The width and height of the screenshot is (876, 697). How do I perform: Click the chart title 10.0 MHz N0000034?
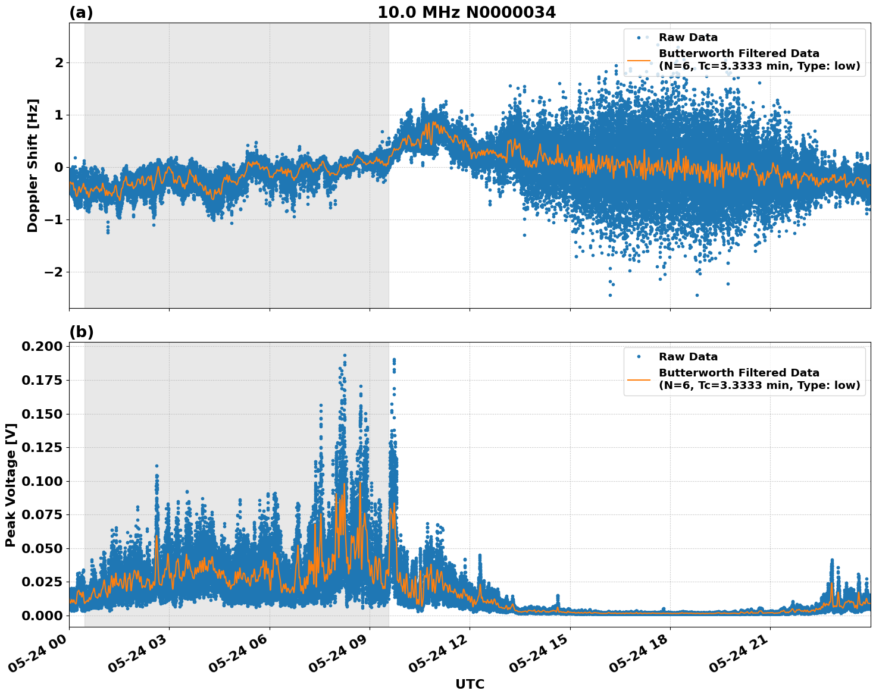(467, 12)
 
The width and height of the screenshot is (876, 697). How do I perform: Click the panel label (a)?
(81, 12)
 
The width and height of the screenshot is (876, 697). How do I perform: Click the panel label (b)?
(81, 332)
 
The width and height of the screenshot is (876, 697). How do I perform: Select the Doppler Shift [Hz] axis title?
(33, 165)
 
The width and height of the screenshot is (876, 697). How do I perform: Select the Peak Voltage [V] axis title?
(10, 485)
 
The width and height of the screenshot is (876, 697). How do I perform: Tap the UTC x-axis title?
(470, 685)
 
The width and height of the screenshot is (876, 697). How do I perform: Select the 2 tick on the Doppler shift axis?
(59, 62)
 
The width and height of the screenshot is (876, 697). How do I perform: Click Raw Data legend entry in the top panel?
(688, 37)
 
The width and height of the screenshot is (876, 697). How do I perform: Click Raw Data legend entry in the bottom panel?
(688, 357)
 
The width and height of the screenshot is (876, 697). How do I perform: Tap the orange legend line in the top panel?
(640, 60)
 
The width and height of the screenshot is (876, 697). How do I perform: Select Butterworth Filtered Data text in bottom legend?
(739, 373)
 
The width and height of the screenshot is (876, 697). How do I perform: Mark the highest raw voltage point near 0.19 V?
(345, 355)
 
